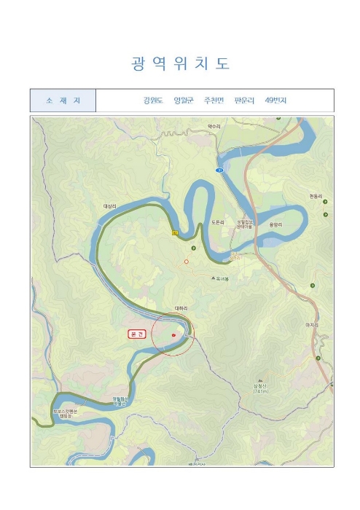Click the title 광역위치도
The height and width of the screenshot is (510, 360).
coord(180,63)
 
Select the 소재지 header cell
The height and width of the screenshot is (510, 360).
coord(63,101)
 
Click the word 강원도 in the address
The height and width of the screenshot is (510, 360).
coord(153,101)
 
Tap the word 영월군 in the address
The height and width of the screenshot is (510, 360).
coord(184,101)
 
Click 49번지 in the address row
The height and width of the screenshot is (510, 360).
coord(276,101)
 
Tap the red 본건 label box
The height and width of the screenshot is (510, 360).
coord(137,334)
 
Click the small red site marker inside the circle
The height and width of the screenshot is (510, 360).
coord(173,335)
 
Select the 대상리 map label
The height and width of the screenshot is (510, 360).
coord(110,207)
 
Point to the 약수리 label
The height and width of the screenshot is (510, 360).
coord(214,126)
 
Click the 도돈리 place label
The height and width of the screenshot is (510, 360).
coord(218,221)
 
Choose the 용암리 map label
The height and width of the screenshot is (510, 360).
coord(275,224)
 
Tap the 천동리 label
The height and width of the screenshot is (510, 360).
coord(316,197)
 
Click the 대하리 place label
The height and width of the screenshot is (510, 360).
coord(181,308)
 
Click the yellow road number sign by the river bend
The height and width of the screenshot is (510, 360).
coord(175,233)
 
